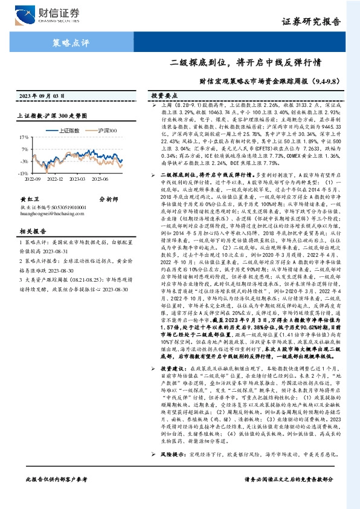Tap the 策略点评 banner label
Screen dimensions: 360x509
(68, 43)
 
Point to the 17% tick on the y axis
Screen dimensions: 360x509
(24, 138)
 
